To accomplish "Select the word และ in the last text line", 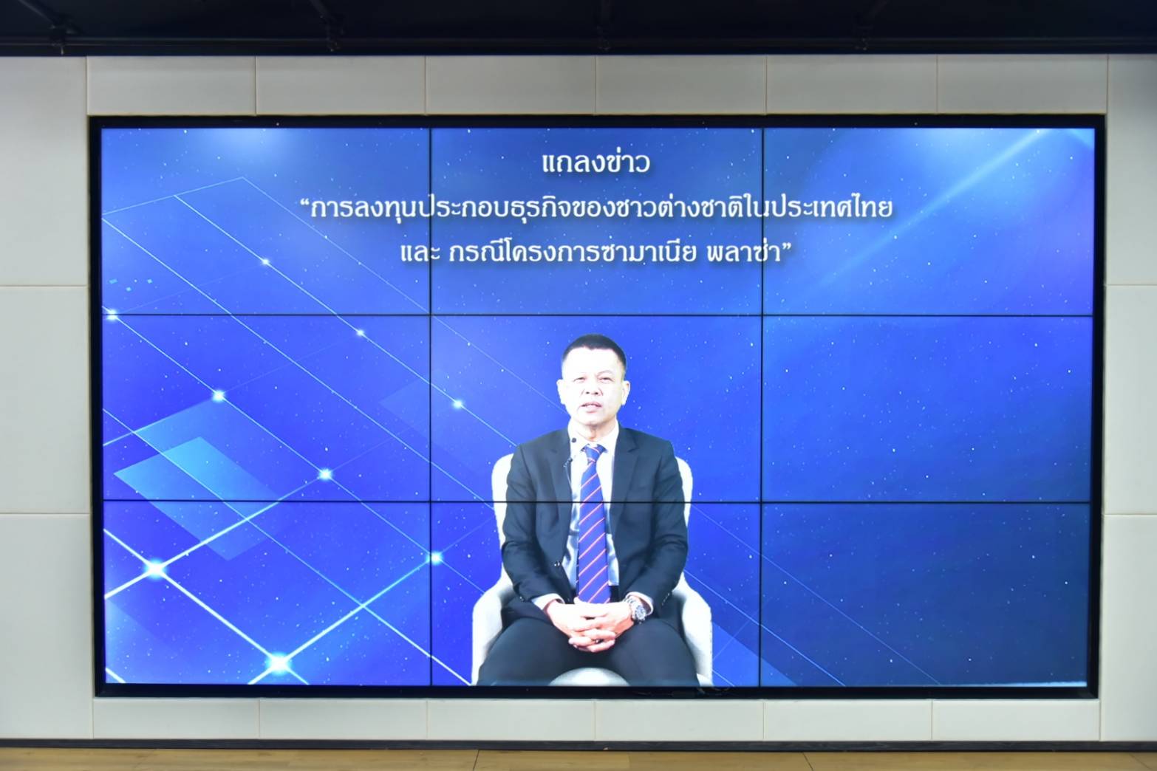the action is point(420,254).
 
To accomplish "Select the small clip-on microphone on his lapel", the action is point(573,440).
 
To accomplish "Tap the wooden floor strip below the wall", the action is point(578,760).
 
